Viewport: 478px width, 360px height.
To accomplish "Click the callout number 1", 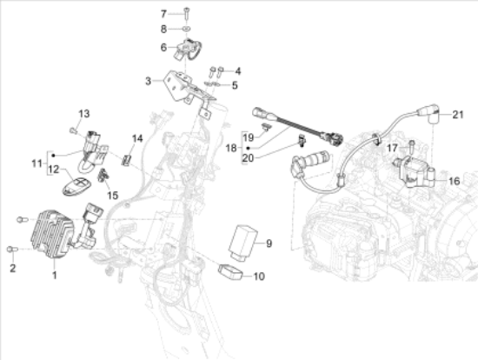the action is coord(54,275).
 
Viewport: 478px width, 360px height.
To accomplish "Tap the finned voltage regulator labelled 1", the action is coord(52,234).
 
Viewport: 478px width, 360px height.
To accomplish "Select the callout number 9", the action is coord(269,243).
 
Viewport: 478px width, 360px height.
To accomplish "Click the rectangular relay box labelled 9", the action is coord(243,243).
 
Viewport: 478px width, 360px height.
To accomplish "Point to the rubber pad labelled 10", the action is coord(230,271).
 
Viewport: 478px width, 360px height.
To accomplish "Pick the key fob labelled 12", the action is coord(76,186).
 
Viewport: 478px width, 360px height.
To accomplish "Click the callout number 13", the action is coord(84,114).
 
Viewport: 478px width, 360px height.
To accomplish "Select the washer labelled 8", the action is coord(187,29).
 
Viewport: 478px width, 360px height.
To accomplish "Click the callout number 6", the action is coord(163,47).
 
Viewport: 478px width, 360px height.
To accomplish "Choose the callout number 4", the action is coord(238,71).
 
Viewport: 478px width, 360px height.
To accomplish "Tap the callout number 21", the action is coord(457,115).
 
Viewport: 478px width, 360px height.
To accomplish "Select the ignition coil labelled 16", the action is coord(415,172).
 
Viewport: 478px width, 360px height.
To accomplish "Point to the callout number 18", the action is coord(231,148).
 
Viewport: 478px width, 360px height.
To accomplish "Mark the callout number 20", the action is coord(248,158).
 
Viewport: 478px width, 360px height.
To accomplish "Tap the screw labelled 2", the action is coord(12,250).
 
